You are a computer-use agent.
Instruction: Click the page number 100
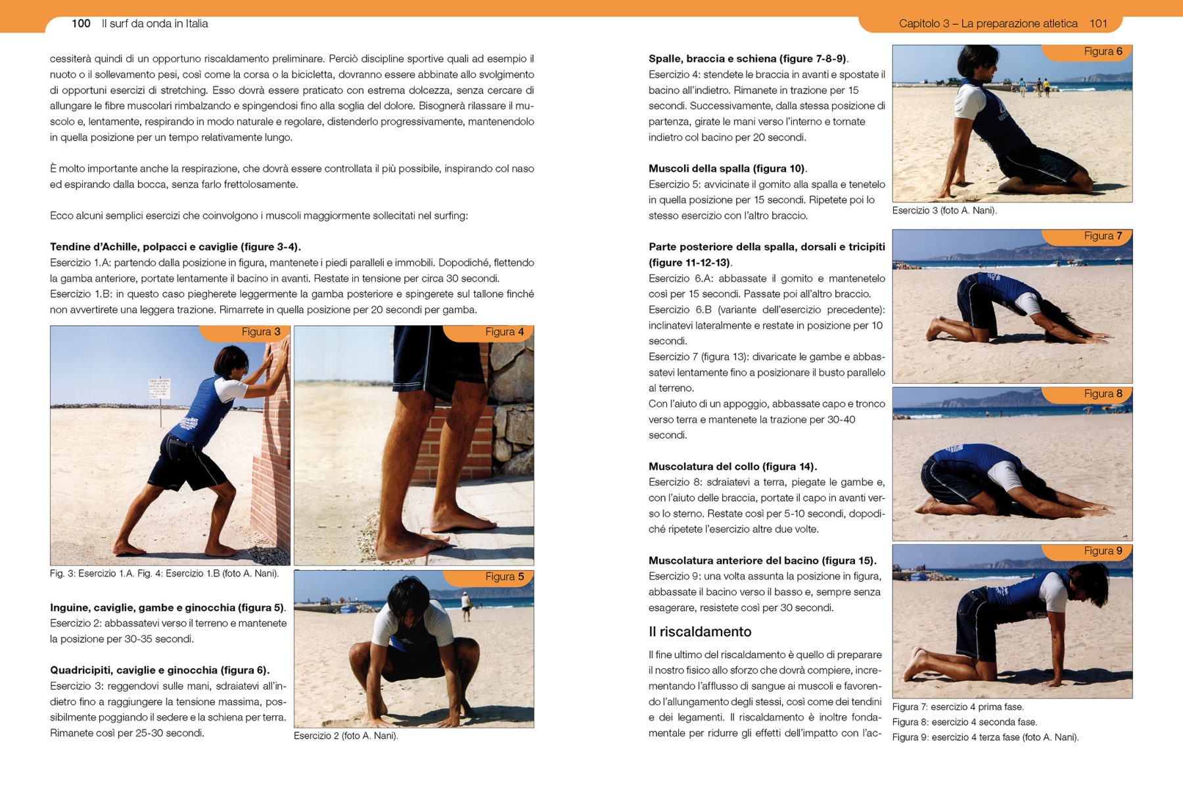tap(81, 24)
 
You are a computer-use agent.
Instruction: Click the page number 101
tap(1098, 24)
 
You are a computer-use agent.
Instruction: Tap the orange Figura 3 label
tap(260, 332)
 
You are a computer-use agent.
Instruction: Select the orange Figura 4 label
tap(504, 332)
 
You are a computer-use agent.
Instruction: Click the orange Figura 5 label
tap(504, 576)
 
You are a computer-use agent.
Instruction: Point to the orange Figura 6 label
tap(1103, 51)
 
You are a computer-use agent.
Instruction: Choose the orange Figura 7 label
tap(1103, 236)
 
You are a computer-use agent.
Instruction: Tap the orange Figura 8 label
tap(1103, 394)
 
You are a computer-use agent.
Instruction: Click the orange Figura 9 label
tap(1103, 551)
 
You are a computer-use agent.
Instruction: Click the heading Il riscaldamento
tap(699, 632)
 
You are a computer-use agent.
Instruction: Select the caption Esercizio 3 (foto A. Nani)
tap(944, 210)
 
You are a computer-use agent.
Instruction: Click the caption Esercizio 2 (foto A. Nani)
tap(346, 736)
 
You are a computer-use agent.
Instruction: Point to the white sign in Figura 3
tap(159, 388)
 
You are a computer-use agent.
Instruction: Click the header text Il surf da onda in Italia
tap(154, 24)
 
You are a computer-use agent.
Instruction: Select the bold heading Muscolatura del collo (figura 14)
tap(732, 467)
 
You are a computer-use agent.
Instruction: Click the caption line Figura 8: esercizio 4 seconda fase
tap(964, 722)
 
